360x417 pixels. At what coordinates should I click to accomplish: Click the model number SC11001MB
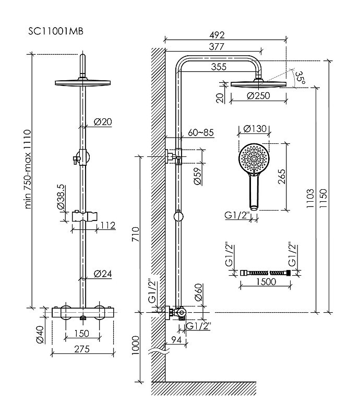pos(56,31)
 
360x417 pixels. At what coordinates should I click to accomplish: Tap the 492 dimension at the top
pos(217,35)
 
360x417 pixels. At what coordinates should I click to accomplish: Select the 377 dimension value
pos(217,47)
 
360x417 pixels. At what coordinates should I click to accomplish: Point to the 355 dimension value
pos(219,67)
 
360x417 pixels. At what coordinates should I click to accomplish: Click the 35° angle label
pos(301,77)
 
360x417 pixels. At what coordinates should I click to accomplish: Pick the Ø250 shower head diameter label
pos(258,95)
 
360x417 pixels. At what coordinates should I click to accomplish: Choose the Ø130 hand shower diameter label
pos(255,129)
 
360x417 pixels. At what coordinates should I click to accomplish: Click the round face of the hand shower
pos(254,159)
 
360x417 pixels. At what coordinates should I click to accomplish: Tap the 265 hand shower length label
pos(281,177)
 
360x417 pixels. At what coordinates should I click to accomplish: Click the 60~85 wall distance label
pos(201,132)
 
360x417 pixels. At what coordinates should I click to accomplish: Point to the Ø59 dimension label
pos(197,176)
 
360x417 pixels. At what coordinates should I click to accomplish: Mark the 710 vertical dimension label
pos(136,234)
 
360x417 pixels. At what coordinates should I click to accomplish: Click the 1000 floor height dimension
pos(136,345)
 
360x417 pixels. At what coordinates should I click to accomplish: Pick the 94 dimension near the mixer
pos(176,340)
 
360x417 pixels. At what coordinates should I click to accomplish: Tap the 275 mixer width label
pos(82,349)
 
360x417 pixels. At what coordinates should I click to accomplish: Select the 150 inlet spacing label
pos(81,333)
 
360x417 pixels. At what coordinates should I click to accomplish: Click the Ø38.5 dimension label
pos(61,197)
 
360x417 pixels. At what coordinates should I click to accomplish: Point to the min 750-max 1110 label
pos(28,169)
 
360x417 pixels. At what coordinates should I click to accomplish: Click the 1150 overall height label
pos(323,199)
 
